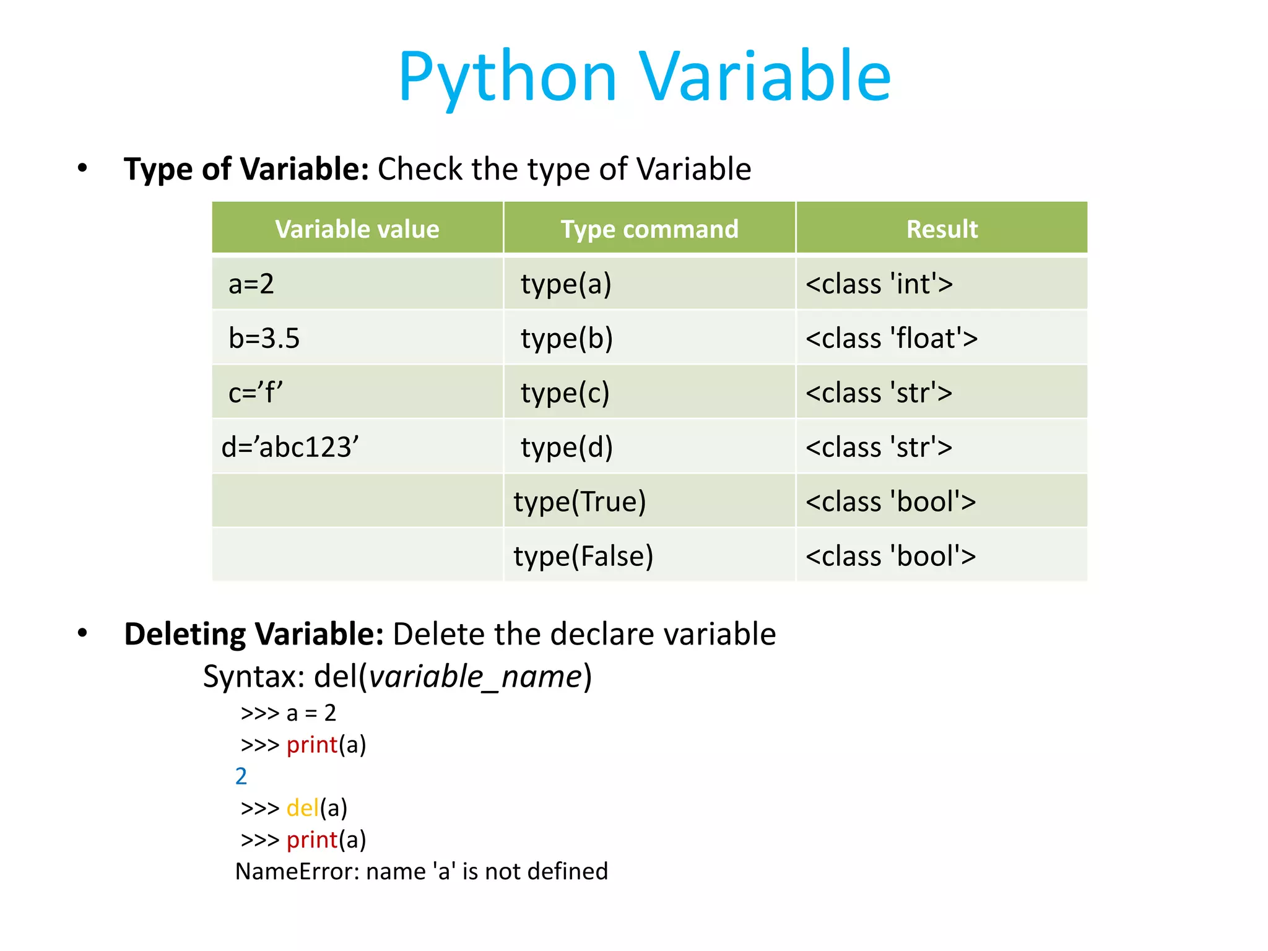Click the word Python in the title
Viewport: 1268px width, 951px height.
point(508,77)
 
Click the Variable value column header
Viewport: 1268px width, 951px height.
point(357,229)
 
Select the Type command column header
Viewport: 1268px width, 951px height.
point(649,229)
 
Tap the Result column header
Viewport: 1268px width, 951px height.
point(942,229)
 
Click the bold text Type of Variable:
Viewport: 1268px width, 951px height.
point(246,169)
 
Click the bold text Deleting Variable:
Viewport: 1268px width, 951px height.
point(254,634)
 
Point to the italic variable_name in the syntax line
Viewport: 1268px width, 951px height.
point(475,676)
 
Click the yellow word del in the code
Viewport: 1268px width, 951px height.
point(302,808)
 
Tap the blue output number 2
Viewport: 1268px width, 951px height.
point(241,776)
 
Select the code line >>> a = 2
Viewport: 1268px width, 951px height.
point(289,713)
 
